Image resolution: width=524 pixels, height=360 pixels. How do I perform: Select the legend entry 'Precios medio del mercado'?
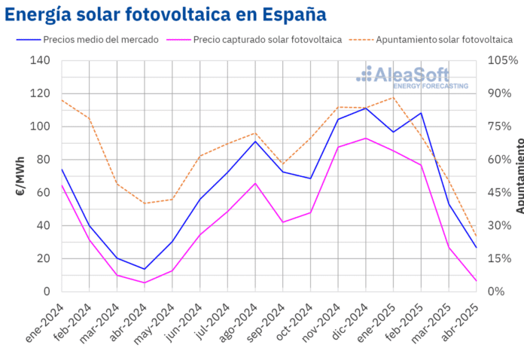pos(100,39)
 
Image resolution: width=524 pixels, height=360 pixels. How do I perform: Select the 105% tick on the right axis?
pos(500,60)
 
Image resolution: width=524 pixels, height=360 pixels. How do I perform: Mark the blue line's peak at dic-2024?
pos(365,108)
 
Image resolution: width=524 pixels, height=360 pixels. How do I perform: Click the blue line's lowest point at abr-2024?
pos(145,269)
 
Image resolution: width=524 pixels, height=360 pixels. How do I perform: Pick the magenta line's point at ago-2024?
pos(255,183)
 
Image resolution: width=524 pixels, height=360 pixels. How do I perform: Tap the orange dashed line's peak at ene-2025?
pos(393,97)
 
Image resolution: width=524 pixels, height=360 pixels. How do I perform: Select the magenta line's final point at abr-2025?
pos(476,281)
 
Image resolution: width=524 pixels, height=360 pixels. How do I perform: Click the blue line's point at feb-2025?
pos(421,113)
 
